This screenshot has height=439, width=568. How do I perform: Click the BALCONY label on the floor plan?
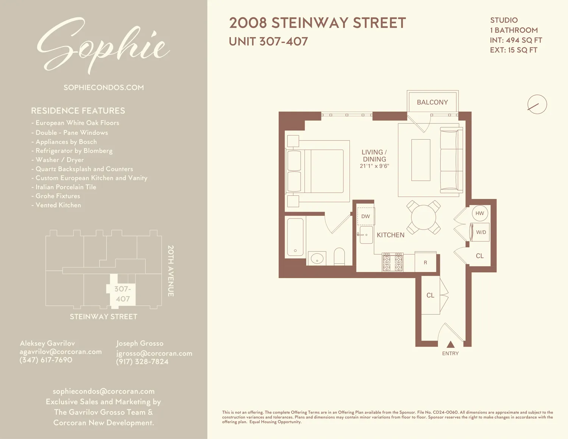432,102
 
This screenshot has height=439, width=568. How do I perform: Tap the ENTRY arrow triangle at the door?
450,344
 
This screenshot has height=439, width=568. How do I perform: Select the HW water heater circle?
480,213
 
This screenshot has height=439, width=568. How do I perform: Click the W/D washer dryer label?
481,232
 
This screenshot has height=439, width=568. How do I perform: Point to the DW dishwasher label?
365,216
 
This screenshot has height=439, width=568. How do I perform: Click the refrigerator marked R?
425,262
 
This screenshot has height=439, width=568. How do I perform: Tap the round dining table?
423,217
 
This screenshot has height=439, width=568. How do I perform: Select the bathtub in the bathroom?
295,237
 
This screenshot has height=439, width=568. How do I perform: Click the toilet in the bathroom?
339,256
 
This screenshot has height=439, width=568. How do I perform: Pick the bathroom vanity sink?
317,259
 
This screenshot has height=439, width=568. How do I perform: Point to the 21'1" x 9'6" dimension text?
374,166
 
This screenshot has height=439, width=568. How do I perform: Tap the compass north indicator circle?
537,104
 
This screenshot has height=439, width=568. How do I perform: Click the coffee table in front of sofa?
421,160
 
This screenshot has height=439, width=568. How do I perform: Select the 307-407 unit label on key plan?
123,294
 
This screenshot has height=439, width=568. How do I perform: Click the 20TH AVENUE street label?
171,271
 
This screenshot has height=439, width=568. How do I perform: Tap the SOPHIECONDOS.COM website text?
103,87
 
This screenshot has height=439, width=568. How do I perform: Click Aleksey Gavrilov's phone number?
46,360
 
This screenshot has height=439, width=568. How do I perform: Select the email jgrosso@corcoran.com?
154,353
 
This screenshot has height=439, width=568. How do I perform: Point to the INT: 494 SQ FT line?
516,40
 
